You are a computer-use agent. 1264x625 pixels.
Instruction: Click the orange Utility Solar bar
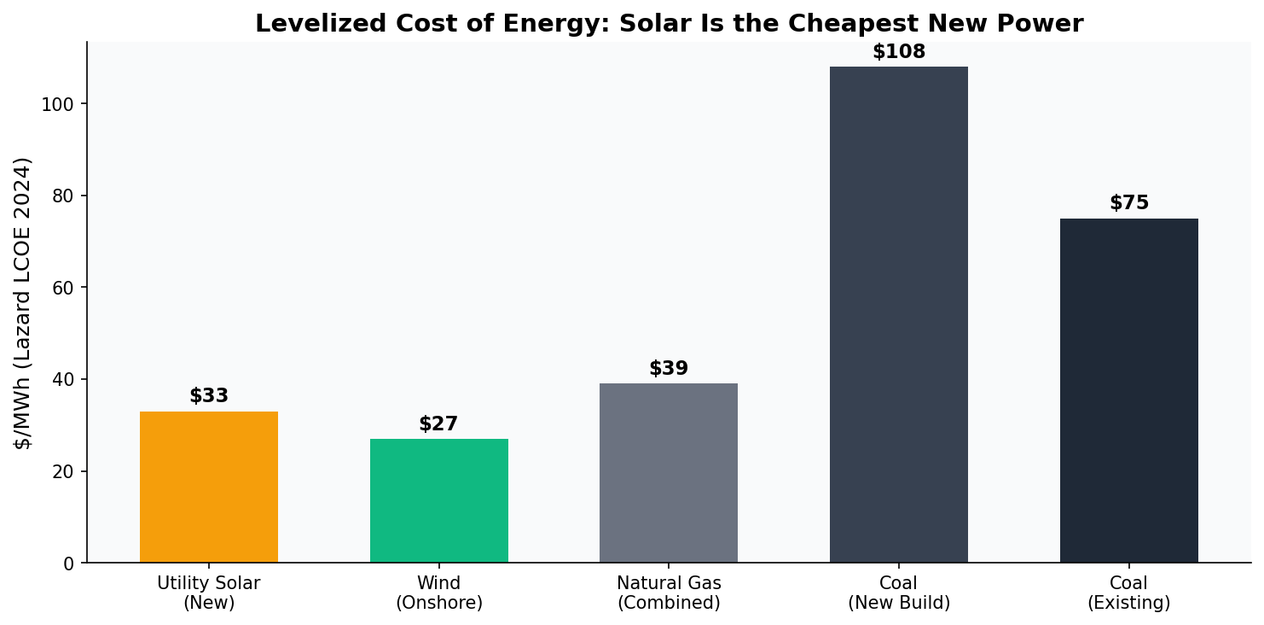tap(209, 487)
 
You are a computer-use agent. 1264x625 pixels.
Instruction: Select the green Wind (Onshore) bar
tap(438, 500)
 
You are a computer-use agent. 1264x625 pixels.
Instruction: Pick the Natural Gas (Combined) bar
tap(669, 473)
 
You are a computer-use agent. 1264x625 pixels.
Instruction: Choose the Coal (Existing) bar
tap(1128, 390)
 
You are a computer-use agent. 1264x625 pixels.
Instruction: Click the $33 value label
tap(209, 396)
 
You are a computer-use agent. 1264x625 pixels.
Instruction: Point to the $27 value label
tap(438, 424)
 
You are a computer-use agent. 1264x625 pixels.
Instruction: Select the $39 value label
tap(669, 369)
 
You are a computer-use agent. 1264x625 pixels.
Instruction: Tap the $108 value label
tap(898, 52)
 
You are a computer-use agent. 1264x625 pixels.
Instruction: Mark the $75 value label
tap(1128, 203)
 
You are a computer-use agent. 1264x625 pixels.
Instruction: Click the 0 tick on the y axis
tap(68, 564)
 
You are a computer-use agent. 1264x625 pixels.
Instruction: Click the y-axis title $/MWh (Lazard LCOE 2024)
tap(23, 302)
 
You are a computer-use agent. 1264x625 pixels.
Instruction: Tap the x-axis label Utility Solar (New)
tap(209, 593)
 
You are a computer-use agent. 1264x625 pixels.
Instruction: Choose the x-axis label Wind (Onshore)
tap(438, 593)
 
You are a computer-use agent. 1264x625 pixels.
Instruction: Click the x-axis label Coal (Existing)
tap(1128, 593)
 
